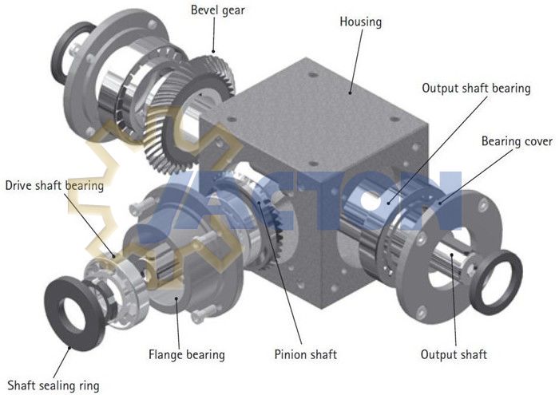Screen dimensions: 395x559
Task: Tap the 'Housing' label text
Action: pyautogui.click(x=360, y=22)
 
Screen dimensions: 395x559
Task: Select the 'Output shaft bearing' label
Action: pyautogui.click(x=476, y=89)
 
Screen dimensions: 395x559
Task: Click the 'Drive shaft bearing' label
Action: pyautogui.click(x=54, y=186)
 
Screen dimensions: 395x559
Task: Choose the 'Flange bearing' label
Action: pyautogui.click(x=186, y=354)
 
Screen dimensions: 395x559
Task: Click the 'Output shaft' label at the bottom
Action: pyautogui.click(x=454, y=354)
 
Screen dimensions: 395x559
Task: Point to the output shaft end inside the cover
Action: pyautogui.click(x=455, y=263)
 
